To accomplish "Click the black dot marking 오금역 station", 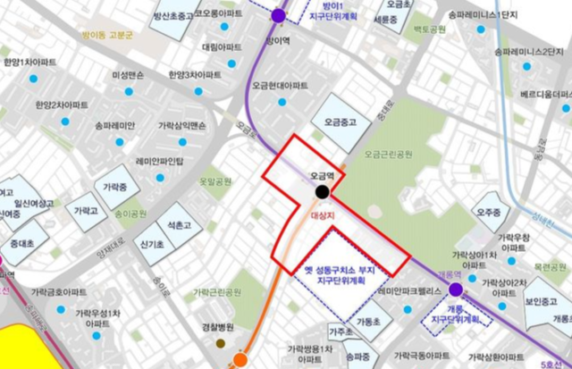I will tap(322, 191).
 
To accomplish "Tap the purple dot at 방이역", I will tap(278, 15).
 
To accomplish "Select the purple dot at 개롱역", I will tap(456, 289).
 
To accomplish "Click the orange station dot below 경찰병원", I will tap(240, 360).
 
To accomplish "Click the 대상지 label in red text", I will tap(321, 215).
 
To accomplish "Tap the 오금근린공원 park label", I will tap(389, 155).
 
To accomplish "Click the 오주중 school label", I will tap(488, 213).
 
